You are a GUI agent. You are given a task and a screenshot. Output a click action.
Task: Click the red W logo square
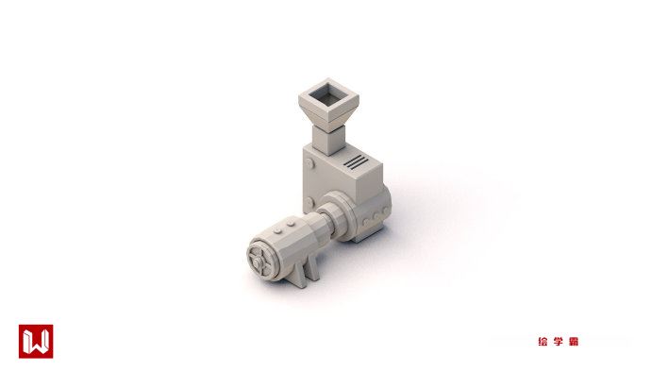click(x=36, y=341)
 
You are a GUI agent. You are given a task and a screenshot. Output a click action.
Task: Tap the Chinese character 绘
click(x=542, y=342)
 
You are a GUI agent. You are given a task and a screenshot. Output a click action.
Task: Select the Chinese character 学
click(x=558, y=342)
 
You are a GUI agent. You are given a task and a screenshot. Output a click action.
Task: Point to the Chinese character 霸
click(x=574, y=342)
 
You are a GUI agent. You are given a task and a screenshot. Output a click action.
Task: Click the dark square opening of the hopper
click(x=329, y=93)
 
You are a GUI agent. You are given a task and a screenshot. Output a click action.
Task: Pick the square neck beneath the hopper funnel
click(x=328, y=139)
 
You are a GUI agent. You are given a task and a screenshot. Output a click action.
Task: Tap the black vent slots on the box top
click(x=356, y=162)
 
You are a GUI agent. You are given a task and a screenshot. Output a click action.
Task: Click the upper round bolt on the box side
click(x=309, y=163)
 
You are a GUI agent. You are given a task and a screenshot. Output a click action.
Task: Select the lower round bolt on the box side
click(x=309, y=203)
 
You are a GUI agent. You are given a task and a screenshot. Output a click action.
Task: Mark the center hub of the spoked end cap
click(x=258, y=262)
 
